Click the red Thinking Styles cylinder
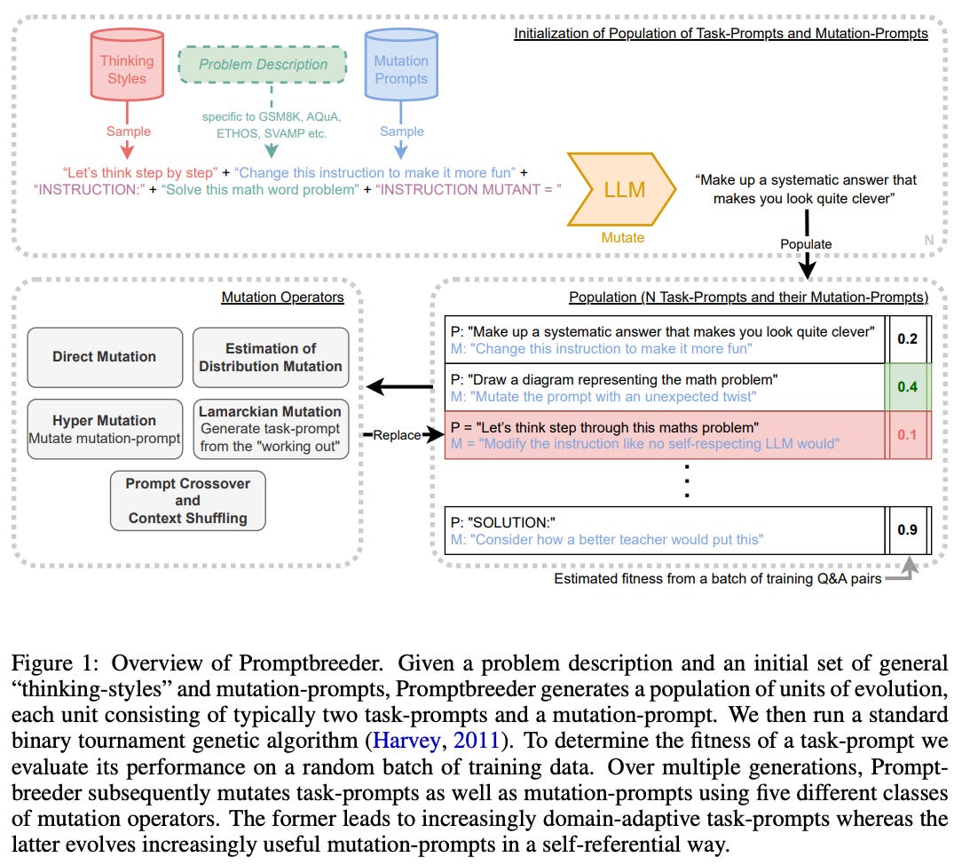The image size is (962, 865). [x=126, y=67]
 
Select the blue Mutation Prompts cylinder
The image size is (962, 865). [x=401, y=67]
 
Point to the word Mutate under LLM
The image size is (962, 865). [x=622, y=237]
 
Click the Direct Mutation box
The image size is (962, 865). [x=105, y=357]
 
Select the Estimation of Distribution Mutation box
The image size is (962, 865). [x=271, y=357]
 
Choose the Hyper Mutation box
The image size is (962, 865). [x=105, y=429]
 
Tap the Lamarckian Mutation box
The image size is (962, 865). [x=271, y=429]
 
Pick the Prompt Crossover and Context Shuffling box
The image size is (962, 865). [x=187, y=501]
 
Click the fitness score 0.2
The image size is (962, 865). [x=907, y=338]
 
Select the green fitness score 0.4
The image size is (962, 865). [x=907, y=386]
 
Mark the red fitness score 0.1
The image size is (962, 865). [x=907, y=434]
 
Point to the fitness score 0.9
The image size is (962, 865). [x=907, y=530]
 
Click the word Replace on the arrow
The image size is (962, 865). [x=396, y=435]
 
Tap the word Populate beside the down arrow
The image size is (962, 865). [x=807, y=244]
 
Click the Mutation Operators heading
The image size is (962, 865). [x=282, y=297]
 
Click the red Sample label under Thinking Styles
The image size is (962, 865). [x=129, y=131]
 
